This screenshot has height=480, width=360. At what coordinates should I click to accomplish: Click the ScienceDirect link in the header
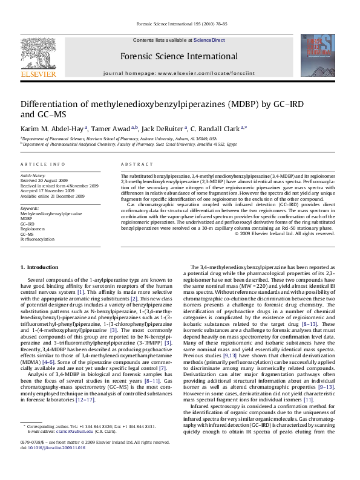click(209, 40)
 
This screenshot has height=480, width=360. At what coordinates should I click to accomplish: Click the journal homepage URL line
click(178, 72)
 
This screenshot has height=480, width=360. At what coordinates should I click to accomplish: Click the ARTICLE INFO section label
click(43, 164)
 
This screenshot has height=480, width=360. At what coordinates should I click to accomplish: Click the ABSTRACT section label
click(133, 164)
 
